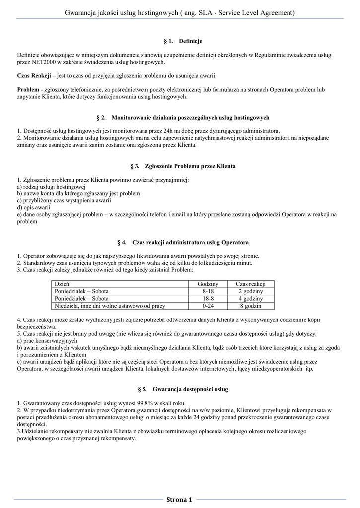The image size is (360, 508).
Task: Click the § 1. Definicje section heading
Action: tap(180, 41)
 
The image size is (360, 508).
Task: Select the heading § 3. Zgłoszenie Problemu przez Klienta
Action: tap(180, 166)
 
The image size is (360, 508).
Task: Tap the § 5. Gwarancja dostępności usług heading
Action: tap(180, 389)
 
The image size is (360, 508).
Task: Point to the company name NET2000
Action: tap(40, 62)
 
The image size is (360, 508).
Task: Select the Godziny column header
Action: tap(208, 284)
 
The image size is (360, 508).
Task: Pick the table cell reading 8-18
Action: tap(208, 291)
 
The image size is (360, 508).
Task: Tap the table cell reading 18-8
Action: tap(208, 299)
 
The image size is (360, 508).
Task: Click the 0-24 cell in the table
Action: tap(208, 306)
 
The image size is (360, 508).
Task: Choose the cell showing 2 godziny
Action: tap(250, 291)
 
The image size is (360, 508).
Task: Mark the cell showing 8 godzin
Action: tap(250, 306)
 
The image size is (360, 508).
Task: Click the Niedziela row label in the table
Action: tap(110, 306)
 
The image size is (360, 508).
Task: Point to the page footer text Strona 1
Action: tap(179, 499)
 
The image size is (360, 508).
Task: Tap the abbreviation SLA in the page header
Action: tap(207, 12)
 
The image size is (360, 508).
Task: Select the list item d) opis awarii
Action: tap(34, 207)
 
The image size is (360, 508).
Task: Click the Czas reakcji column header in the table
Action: tap(250, 284)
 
